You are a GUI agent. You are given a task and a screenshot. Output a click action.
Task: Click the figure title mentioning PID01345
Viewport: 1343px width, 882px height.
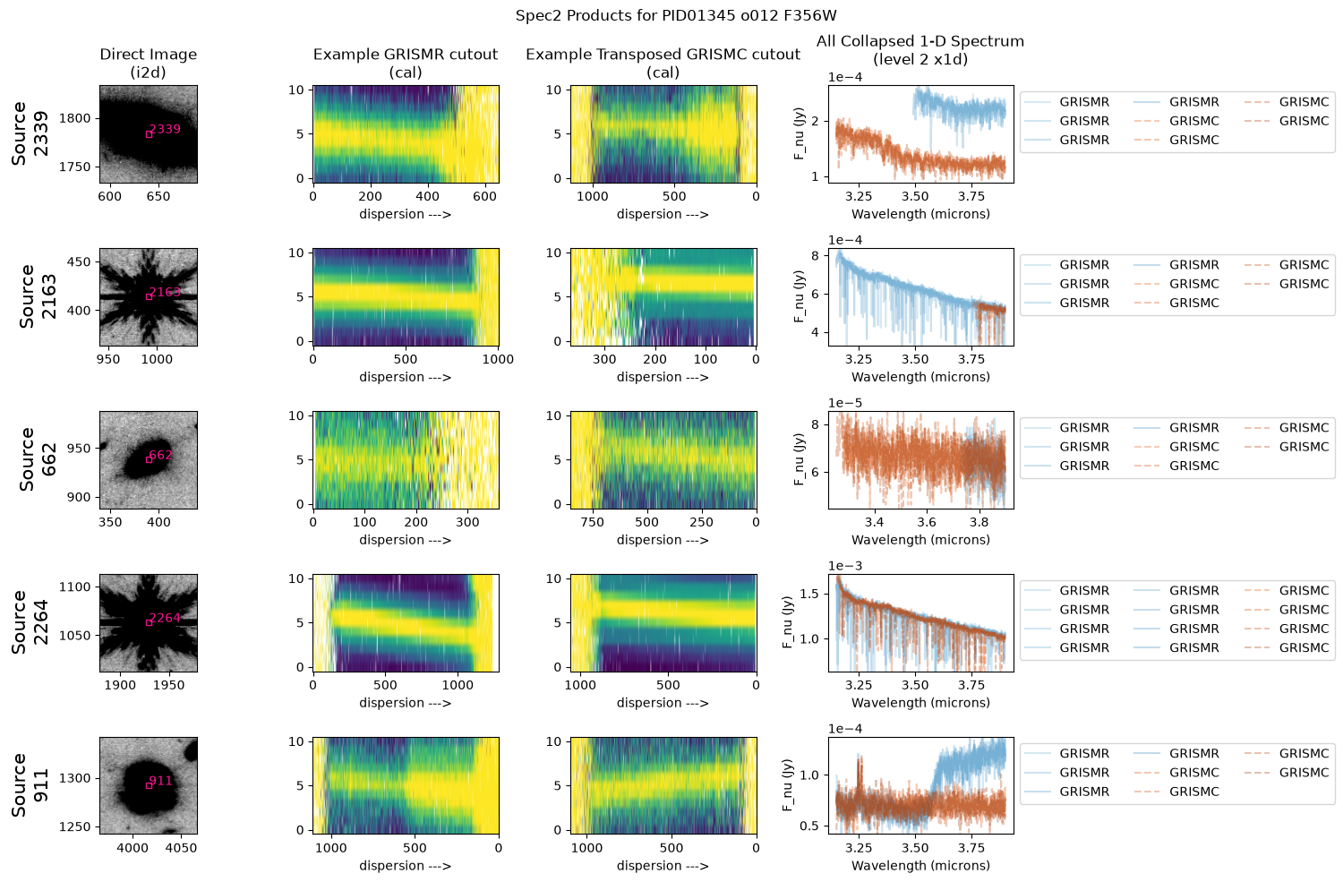pyautogui.click(x=676, y=15)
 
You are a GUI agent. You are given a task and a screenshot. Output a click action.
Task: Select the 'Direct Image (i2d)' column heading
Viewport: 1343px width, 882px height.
pyautogui.click(x=148, y=63)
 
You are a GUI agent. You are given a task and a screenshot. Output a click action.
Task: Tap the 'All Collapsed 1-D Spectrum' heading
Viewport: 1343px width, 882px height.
pyautogui.click(x=920, y=41)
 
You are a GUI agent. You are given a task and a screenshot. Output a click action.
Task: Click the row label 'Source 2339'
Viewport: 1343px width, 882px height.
pyautogui.click(x=30, y=133)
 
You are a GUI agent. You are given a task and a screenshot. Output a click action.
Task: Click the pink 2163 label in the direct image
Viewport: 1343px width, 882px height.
pyautogui.click(x=165, y=292)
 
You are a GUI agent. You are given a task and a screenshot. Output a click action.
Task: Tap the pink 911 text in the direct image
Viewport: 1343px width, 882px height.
pyautogui.click(x=160, y=781)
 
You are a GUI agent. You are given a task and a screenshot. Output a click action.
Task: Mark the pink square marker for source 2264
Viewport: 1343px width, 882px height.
pyautogui.click(x=149, y=622)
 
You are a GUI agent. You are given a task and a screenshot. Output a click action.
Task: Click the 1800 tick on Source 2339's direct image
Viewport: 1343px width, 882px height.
pyautogui.click(x=74, y=118)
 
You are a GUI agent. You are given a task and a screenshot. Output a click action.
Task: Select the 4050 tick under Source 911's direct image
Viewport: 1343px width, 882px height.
pyautogui.click(x=181, y=848)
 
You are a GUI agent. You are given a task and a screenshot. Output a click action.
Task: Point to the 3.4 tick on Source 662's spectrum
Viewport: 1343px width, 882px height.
pyautogui.click(x=874, y=522)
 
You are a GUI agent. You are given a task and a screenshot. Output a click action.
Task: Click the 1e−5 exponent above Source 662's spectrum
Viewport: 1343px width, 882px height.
pyautogui.click(x=845, y=403)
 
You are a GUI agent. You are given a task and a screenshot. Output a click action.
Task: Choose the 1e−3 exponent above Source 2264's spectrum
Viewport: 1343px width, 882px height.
pyautogui.click(x=845, y=566)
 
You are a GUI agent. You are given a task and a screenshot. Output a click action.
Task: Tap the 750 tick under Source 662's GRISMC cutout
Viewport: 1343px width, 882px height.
pyautogui.click(x=593, y=522)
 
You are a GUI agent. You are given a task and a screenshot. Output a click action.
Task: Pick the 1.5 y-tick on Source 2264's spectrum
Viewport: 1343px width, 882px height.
pyautogui.click(x=809, y=595)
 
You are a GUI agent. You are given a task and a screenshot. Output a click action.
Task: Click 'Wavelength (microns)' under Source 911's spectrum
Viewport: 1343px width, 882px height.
pyautogui.click(x=920, y=866)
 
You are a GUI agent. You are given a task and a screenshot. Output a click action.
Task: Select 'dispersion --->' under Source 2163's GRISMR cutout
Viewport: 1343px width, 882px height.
pyautogui.click(x=406, y=377)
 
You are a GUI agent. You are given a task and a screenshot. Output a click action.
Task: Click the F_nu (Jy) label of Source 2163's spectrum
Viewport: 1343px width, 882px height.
pyautogui.click(x=799, y=296)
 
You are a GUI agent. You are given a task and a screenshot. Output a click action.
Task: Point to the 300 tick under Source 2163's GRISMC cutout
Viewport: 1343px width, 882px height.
pyautogui.click(x=604, y=359)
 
